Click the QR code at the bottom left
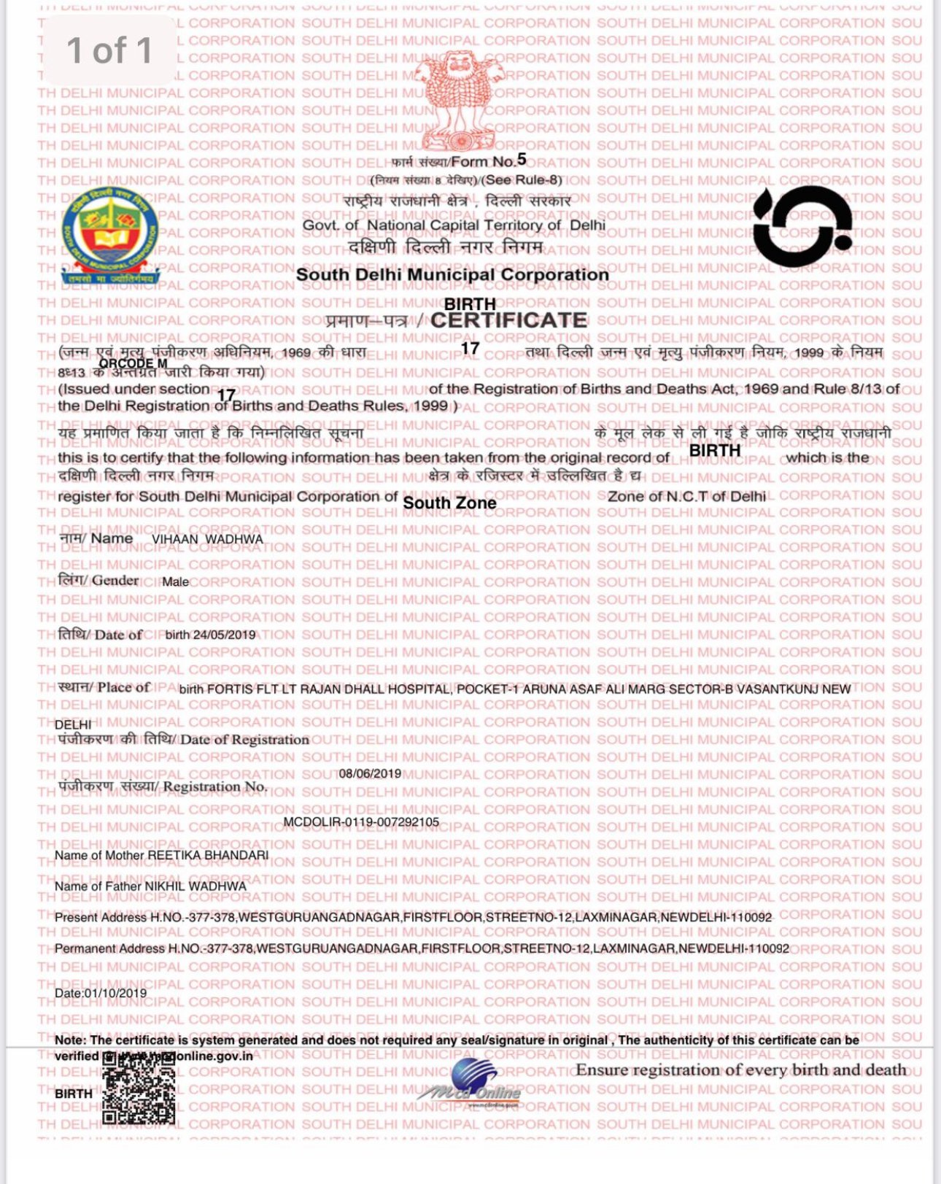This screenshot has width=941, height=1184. (139, 1088)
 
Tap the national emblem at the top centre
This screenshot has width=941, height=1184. (459, 99)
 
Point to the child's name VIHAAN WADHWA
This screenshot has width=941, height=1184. (207, 539)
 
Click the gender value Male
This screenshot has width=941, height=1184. (175, 581)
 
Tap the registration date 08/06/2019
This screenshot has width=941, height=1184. (370, 773)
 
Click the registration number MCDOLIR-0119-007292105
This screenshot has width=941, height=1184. (361, 821)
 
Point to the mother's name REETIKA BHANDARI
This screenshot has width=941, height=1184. (208, 855)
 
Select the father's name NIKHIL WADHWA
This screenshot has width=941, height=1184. (195, 886)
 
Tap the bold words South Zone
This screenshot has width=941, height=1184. (449, 503)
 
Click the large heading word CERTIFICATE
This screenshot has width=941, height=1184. (509, 320)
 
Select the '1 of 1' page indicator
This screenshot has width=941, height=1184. (109, 50)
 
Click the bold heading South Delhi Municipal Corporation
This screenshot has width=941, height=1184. (452, 275)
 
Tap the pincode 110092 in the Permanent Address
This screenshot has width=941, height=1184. (770, 948)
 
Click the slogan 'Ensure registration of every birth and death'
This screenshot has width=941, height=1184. (740, 1070)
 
